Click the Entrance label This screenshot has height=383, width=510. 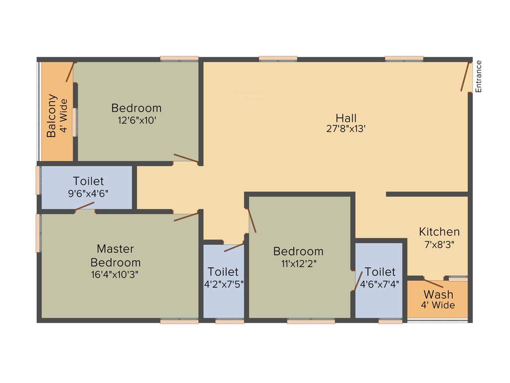(479, 76)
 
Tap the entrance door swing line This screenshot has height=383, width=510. (466, 77)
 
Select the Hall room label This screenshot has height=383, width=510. (346, 118)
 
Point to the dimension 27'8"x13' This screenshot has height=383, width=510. (346, 128)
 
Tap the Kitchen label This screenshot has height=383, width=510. (439, 232)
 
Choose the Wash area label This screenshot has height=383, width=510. (438, 294)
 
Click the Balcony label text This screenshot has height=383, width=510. (51, 116)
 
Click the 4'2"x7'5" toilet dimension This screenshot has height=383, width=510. (223, 283)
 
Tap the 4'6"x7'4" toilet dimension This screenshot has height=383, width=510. (380, 283)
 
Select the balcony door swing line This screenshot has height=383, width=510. (70, 72)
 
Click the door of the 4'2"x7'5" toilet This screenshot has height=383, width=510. (234, 247)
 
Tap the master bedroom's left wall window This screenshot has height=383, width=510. (38, 233)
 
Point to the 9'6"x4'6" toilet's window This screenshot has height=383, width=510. (38, 180)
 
